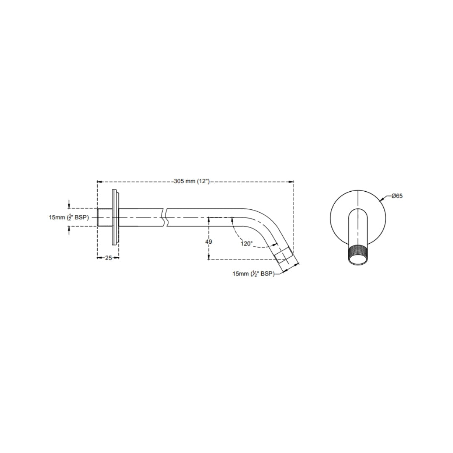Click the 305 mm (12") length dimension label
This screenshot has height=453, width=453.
click(x=192, y=182)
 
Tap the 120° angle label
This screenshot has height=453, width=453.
click(x=247, y=244)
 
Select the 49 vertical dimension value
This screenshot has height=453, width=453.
click(x=208, y=242)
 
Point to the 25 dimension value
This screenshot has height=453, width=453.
click(x=108, y=258)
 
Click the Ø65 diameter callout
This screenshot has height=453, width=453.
click(x=397, y=196)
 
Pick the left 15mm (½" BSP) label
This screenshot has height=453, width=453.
click(x=69, y=217)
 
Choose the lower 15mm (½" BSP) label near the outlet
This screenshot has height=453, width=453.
click(x=254, y=273)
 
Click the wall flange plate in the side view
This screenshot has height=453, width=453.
click(x=115, y=217)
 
